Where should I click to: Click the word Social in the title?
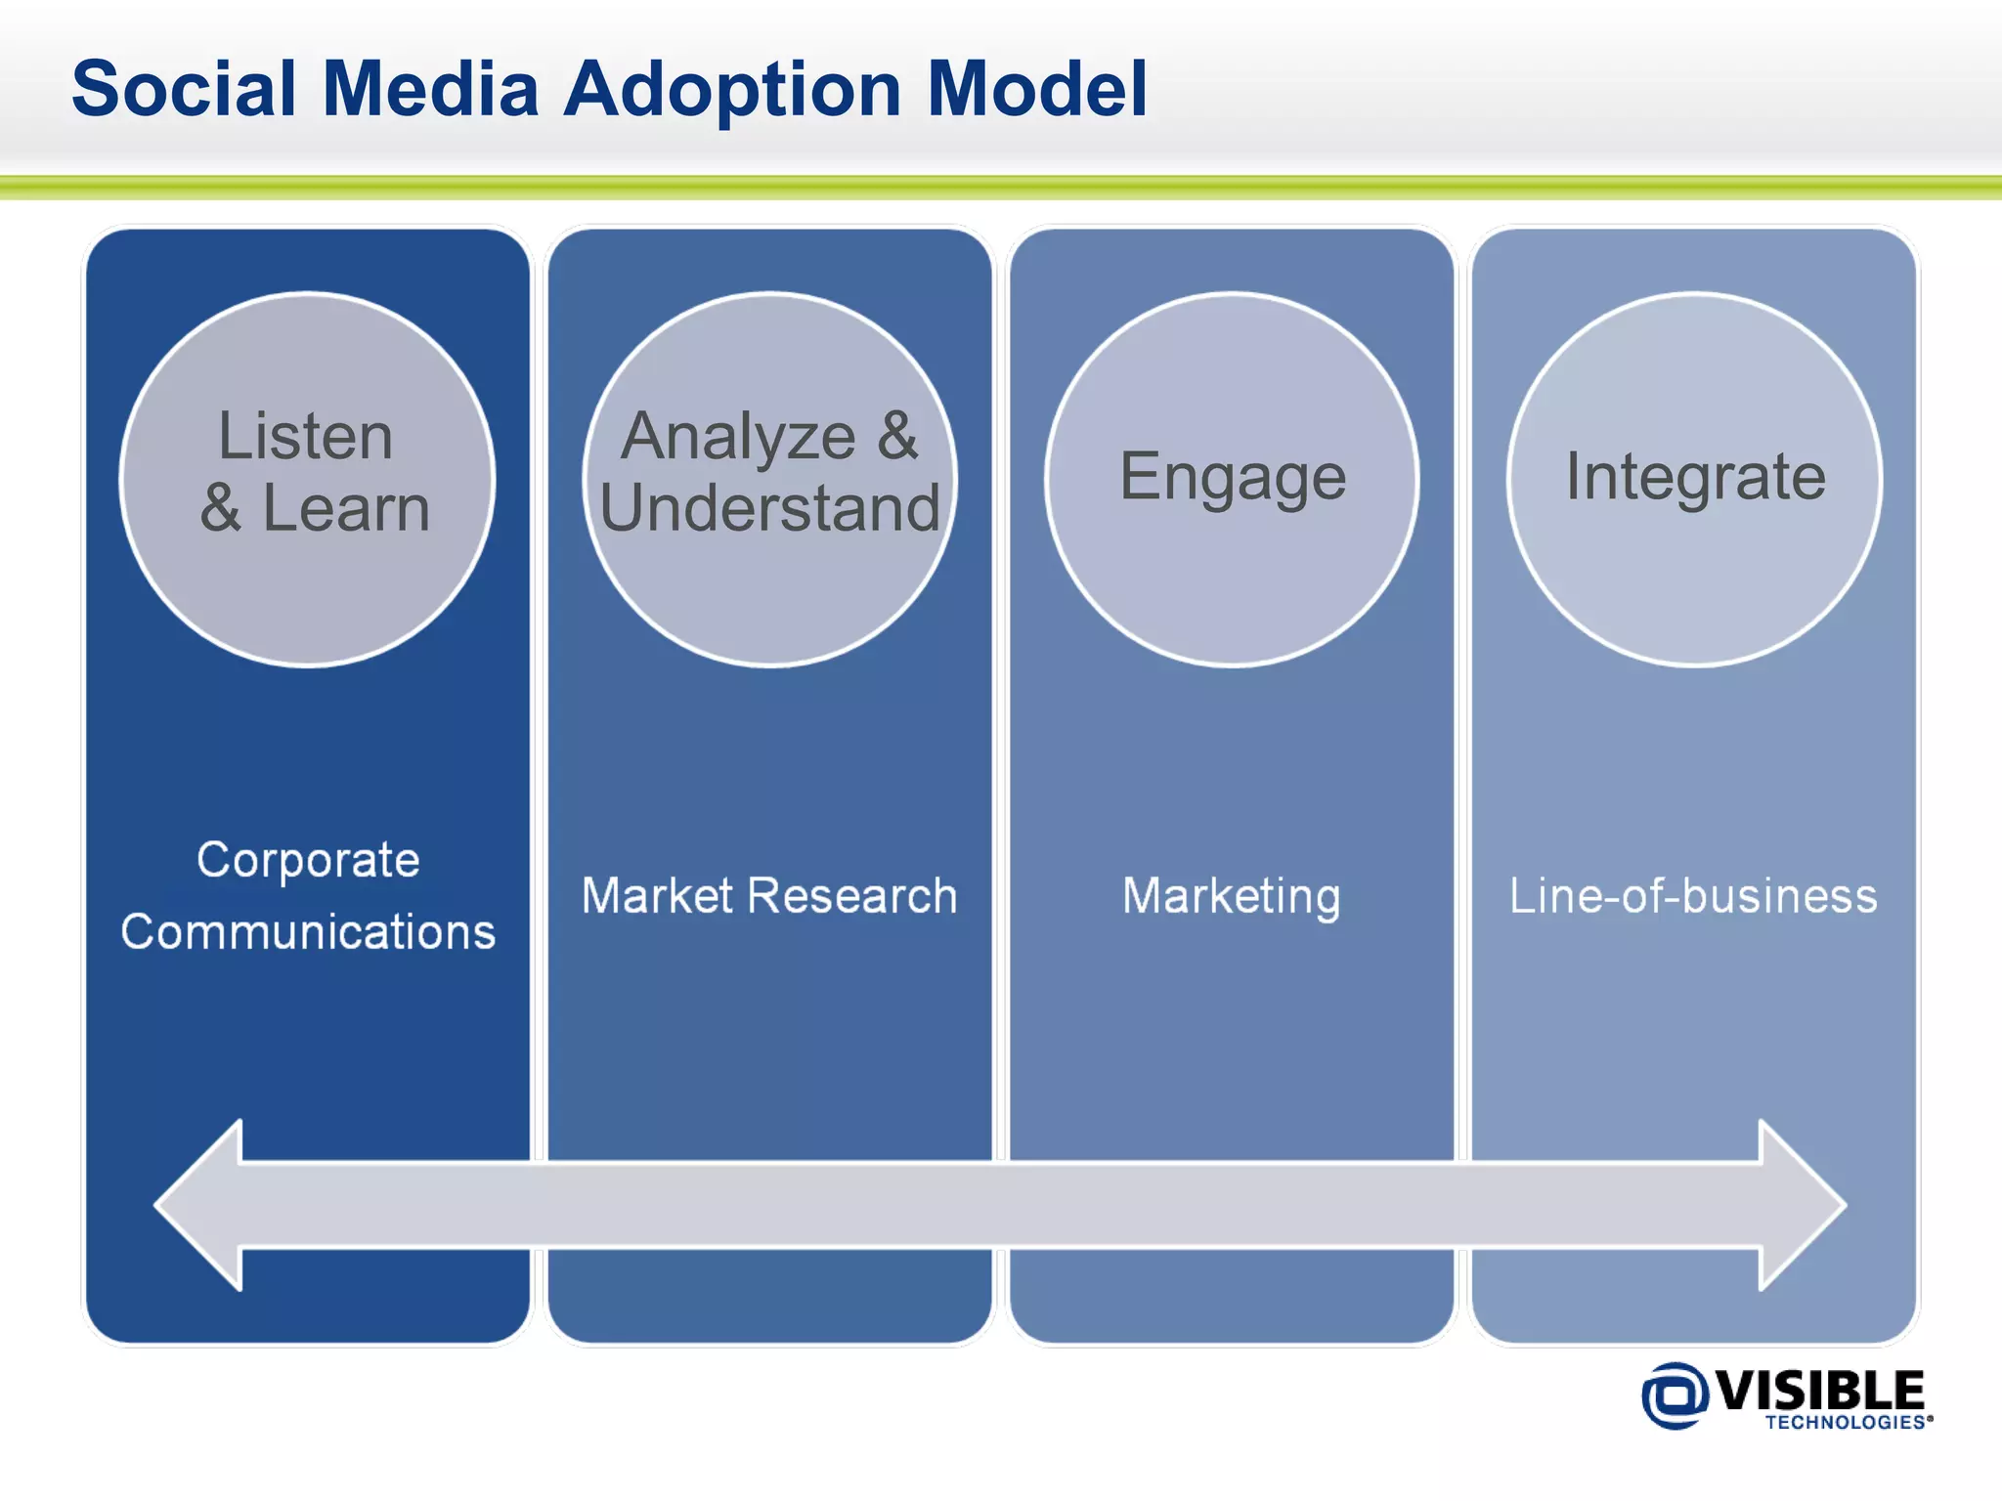tap(183, 89)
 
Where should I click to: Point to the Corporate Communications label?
tap(308, 895)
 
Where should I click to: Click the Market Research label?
tap(769, 895)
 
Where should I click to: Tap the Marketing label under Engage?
tap(1231, 895)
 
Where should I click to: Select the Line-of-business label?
tap(1693, 895)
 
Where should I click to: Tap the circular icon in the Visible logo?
tap(1675, 1394)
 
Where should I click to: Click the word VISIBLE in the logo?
tap(1819, 1389)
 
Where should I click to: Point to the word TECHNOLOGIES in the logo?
tap(1845, 1423)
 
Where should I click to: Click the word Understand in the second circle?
tap(769, 508)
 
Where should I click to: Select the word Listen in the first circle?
tap(305, 436)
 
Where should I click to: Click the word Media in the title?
tap(430, 89)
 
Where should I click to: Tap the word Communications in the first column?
tap(308, 931)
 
